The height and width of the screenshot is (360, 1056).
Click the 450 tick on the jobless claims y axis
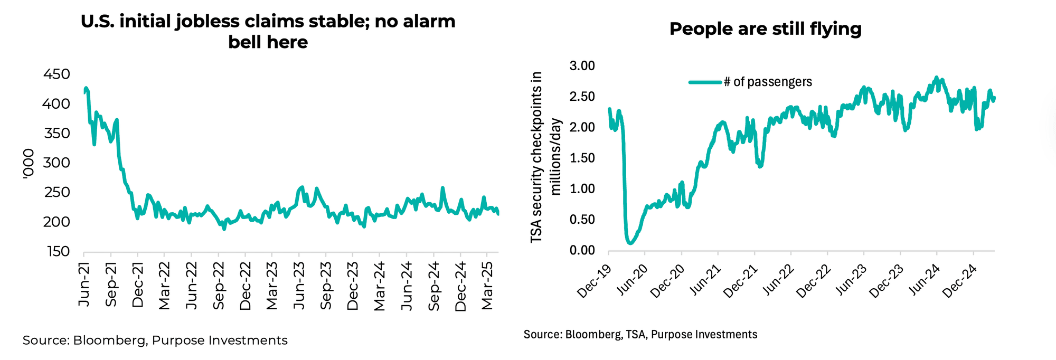pyautogui.click(x=56, y=74)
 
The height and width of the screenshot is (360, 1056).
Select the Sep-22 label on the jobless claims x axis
pyautogui.click(x=219, y=286)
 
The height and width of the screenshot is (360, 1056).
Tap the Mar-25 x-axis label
pyautogui.click(x=487, y=286)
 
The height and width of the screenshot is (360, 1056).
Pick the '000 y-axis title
pyautogui.click(x=29, y=164)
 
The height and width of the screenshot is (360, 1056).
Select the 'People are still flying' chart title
pyautogui.click(x=765, y=29)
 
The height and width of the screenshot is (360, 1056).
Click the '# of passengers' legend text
pyautogui.click(x=768, y=82)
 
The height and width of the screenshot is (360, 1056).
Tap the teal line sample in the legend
pyautogui.click(x=705, y=82)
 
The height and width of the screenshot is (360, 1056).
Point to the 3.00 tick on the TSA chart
pyautogui.click(x=582, y=66)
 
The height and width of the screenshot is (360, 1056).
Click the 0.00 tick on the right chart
pyautogui.click(x=582, y=250)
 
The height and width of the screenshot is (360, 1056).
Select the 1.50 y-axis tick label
pyautogui.click(x=582, y=158)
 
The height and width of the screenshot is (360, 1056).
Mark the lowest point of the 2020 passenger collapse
pyautogui.click(x=629, y=243)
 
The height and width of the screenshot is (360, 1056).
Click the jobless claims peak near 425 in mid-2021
pyautogui.click(x=86, y=88)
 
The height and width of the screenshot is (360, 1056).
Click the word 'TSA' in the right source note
pyautogui.click(x=637, y=335)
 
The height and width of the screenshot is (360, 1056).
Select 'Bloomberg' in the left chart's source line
pyautogui.click(x=109, y=340)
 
